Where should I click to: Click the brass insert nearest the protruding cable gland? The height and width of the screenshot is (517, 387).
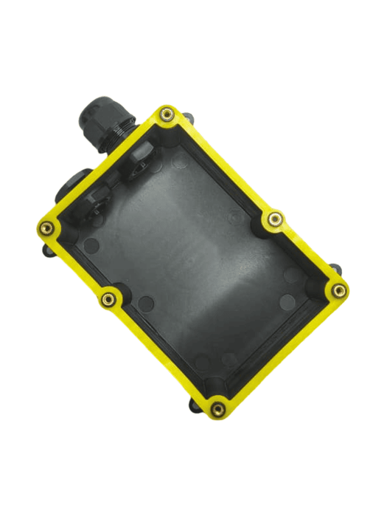point(167,114)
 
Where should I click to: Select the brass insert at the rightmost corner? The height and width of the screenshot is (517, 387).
point(338,290)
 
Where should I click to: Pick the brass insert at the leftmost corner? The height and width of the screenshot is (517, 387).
point(46,227)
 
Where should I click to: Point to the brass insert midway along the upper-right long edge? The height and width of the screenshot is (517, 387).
point(274,219)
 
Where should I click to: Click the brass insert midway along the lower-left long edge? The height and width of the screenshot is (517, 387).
point(109,298)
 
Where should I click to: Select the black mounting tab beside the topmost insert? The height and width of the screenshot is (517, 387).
point(187,116)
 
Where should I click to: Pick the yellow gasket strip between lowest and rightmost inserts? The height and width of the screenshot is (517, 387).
point(280,347)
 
